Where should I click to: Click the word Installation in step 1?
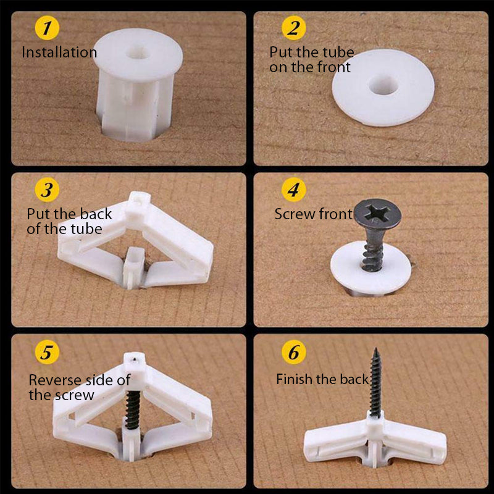[x=59, y=52]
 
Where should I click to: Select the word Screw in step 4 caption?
[x=295, y=214]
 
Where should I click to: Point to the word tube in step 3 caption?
[x=86, y=229]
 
